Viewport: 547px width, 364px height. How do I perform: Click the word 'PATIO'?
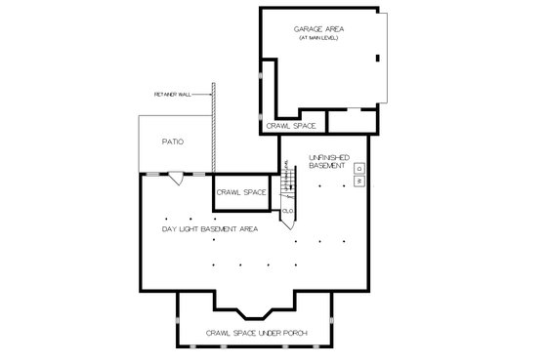pos(173,142)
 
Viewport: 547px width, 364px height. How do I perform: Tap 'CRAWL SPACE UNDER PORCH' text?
pos(257,335)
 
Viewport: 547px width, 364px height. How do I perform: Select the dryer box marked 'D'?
pos(359,169)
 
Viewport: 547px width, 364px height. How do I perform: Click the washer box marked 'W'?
pos(359,182)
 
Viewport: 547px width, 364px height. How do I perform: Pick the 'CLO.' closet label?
pos(288,211)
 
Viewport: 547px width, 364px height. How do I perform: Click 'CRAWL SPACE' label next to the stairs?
pos(241,192)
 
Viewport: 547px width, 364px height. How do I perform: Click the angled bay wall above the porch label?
pos(257,310)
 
